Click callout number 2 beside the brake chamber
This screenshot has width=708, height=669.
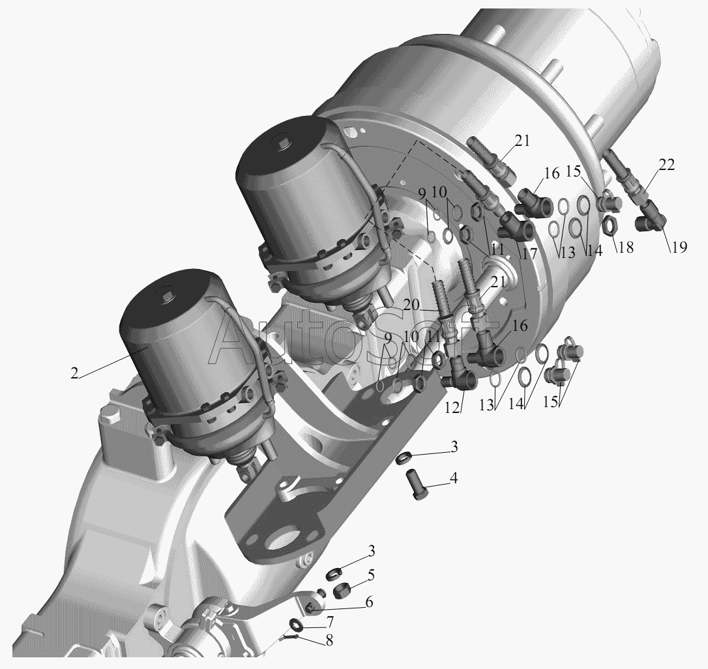pos(74,373)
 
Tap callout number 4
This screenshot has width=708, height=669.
pos(453,477)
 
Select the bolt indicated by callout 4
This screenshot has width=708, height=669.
pos(417,484)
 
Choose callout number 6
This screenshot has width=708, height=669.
pos(369,602)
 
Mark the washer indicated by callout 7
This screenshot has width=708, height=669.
pos(296,626)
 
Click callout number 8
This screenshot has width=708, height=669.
pos(329,640)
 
